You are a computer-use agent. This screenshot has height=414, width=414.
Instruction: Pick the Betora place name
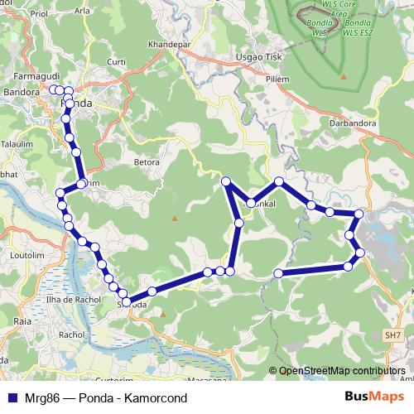click(146, 162)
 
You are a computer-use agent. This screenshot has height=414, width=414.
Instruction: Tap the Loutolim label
click(21, 256)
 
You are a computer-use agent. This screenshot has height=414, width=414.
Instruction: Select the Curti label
click(117, 61)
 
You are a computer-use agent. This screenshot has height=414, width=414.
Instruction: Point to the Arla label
click(83, 11)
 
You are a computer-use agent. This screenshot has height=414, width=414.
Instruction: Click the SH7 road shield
click(392, 335)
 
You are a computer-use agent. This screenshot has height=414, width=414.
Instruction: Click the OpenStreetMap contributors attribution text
click(340, 370)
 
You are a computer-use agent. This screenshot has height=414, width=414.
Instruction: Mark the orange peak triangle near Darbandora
click(344, 78)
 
